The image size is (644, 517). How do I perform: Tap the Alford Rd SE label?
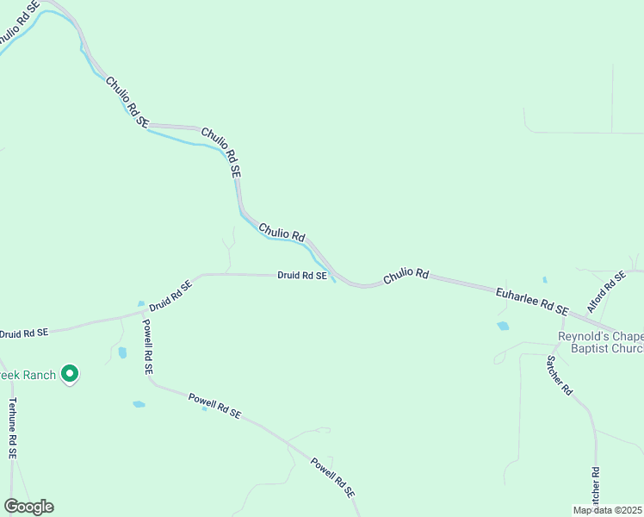click(606, 292)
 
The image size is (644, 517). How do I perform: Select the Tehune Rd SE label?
click(12, 427)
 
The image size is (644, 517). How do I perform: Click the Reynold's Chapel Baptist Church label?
click(601, 342)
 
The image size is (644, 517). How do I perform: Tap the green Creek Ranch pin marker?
click(71, 374)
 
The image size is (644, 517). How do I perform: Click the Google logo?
click(28, 507)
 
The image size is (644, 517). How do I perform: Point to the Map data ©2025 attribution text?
click(608, 510)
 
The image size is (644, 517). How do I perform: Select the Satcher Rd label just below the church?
click(559, 376)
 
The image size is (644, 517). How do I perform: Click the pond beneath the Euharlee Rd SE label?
click(503, 327)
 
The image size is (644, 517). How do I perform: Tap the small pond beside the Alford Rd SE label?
click(545, 280)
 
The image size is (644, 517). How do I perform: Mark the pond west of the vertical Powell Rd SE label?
click(122, 352)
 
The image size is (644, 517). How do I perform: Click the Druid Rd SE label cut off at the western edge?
click(24, 333)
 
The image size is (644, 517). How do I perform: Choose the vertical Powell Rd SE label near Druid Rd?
click(147, 346)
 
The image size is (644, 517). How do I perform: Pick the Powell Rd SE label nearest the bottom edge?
click(332, 478)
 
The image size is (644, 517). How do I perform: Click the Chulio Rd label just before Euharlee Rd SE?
click(406, 276)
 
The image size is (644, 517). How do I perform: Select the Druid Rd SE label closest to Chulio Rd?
click(302, 276)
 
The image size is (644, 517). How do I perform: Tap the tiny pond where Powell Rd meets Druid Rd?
click(140, 304)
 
